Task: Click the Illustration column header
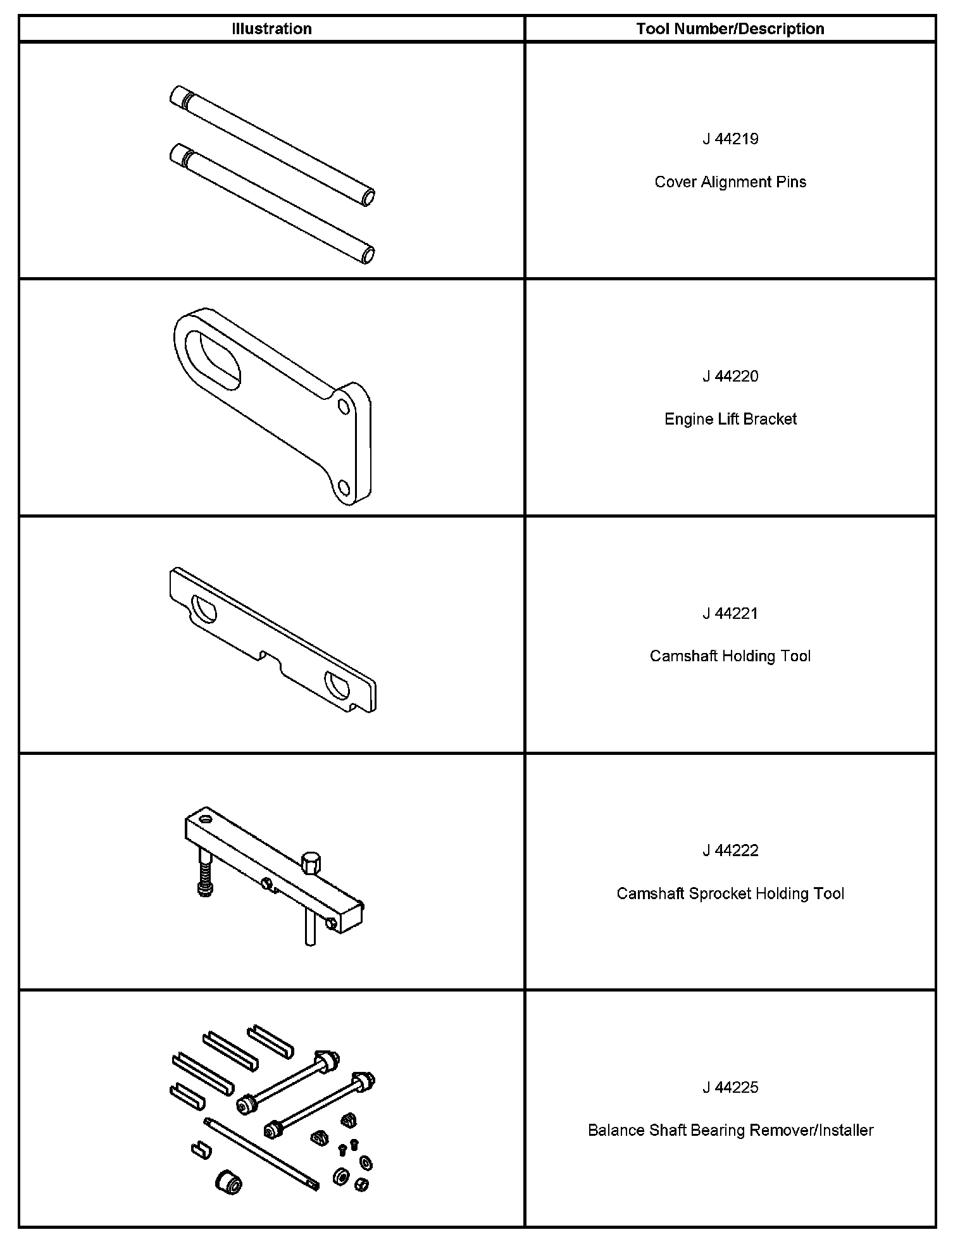[271, 28]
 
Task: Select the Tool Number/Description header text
[730, 28]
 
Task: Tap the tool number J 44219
[730, 139]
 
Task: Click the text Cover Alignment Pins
[730, 182]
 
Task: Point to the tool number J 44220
[730, 376]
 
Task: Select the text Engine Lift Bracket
[730, 419]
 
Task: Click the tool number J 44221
[730, 613]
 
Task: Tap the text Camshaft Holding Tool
[730, 656]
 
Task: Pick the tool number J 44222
[730, 850]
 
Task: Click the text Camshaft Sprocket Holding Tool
[730, 893]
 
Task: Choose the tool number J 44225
[730, 1088]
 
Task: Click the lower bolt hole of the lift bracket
[344, 487]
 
